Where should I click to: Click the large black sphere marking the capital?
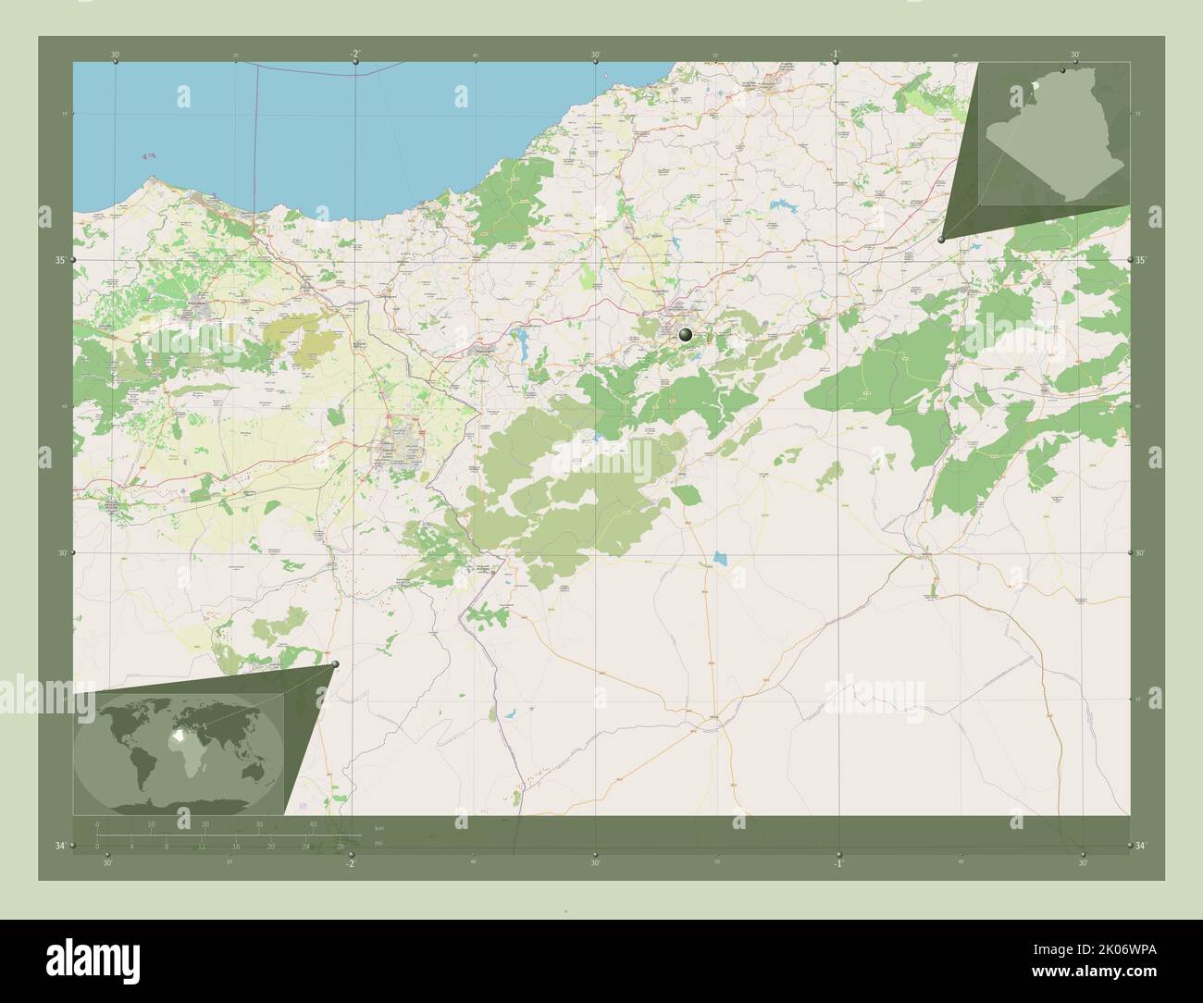tap(686, 335)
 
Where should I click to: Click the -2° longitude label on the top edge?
tap(355, 55)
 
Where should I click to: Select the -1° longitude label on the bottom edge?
tap(837, 863)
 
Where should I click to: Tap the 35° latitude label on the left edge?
tap(60, 261)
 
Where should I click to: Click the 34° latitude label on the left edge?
tap(60, 846)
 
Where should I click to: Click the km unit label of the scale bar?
tap(379, 827)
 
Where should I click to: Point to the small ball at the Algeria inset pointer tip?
tap(941, 240)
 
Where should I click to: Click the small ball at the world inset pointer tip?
tap(335, 663)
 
